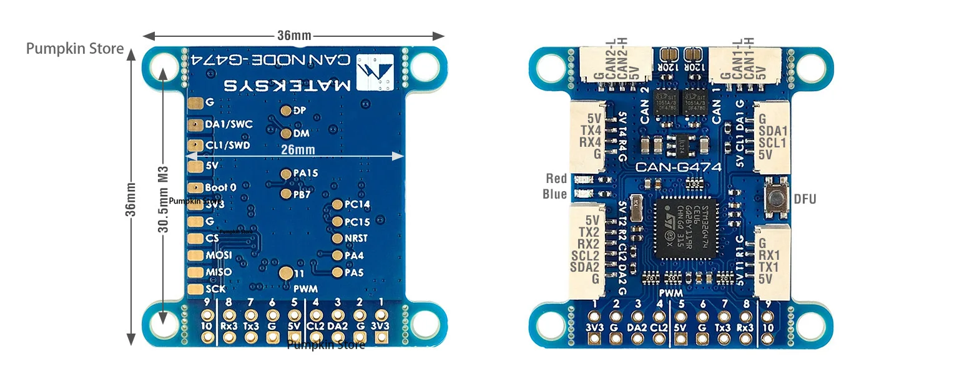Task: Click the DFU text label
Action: pos(805,199)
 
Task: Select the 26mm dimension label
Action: pos(298,150)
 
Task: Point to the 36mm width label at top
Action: pos(294,36)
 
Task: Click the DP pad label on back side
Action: pos(299,111)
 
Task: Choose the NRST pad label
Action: pos(356,238)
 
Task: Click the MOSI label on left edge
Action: pos(218,255)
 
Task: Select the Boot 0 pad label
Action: pos(220,187)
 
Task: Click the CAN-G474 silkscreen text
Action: pos(678,167)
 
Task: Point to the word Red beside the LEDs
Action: pos(556,179)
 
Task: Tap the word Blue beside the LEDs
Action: pos(555,194)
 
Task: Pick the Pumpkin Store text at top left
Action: pos(75,49)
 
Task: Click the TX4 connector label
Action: pos(591,129)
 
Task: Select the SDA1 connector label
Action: pos(772,131)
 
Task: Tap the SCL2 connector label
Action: pos(586,255)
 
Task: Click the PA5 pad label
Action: pos(354,272)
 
